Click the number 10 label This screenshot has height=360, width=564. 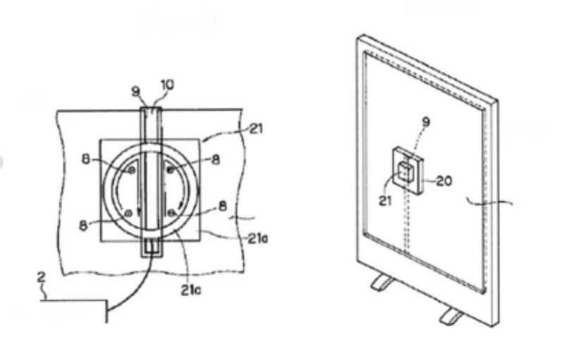167,85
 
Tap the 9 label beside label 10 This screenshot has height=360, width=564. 135,92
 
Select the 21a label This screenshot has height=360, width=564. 257,238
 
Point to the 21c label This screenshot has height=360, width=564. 191,290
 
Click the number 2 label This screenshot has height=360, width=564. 42,278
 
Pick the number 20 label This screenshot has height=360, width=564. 443,180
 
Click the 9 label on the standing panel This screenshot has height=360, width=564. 426,122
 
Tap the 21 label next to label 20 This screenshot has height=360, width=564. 385,201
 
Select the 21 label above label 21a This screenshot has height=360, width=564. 256,128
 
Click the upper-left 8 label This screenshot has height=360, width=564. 86,159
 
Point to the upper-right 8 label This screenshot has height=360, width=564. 216,159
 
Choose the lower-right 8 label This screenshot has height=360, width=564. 223,206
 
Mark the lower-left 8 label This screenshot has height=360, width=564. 83,225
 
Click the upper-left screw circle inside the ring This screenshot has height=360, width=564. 132,170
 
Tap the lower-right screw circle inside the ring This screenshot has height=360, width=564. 171,213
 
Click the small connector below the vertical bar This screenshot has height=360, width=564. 152,247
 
